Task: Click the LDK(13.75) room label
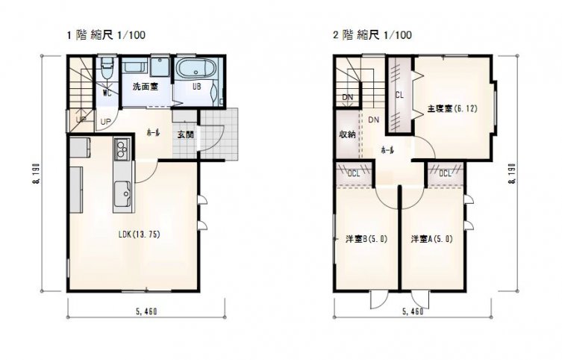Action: click(x=139, y=235)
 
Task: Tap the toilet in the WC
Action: click(x=107, y=68)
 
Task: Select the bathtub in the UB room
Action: click(x=196, y=68)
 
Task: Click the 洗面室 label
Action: click(x=145, y=87)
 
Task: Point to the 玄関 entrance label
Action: click(x=186, y=135)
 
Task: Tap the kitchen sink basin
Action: click(x=123, y=193)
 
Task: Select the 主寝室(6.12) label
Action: click(x=452, y=108)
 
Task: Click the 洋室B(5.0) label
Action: click(x=366, y=239)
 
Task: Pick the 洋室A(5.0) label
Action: click(x=431, y=239)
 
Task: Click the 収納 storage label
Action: click(x=347, y=135)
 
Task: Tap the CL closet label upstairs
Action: click(x=399, y=96)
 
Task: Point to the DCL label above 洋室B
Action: click(x=354, y=174)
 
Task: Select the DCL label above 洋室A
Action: click(x=445, y=174)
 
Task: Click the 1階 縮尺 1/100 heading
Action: click(x=107, y=35)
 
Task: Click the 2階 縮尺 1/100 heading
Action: click(x=372, y=35)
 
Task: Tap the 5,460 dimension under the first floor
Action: click(x=146, y=311)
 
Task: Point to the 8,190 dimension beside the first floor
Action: click(x=37, y=174)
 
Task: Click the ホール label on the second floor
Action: click(x=387, y=150)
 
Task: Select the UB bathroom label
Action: click(x=197, y=87)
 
